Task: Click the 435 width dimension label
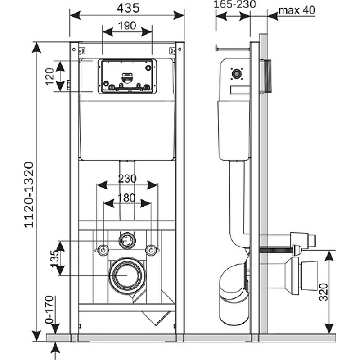click(127, 8)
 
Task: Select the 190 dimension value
click(127, 26)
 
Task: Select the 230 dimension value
click(127, 178)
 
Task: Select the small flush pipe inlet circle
click(127, 240)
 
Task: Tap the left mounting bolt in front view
click(103, 250)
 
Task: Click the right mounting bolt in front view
click(152, 250)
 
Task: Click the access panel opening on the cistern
click(127, 76)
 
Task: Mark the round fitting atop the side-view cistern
click(235, 73)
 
